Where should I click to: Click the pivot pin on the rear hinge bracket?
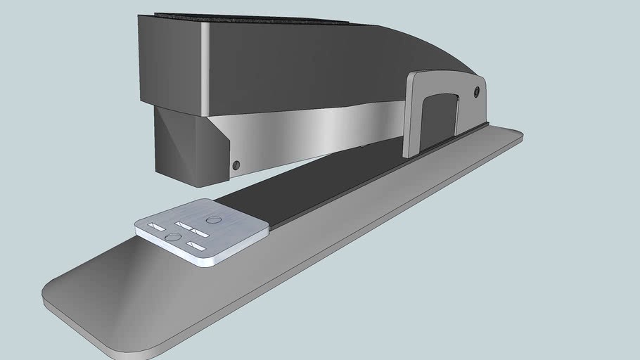coord(477,91)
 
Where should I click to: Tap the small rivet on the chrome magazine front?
coord(236,165)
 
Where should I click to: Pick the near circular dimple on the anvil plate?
coord(172,238)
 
